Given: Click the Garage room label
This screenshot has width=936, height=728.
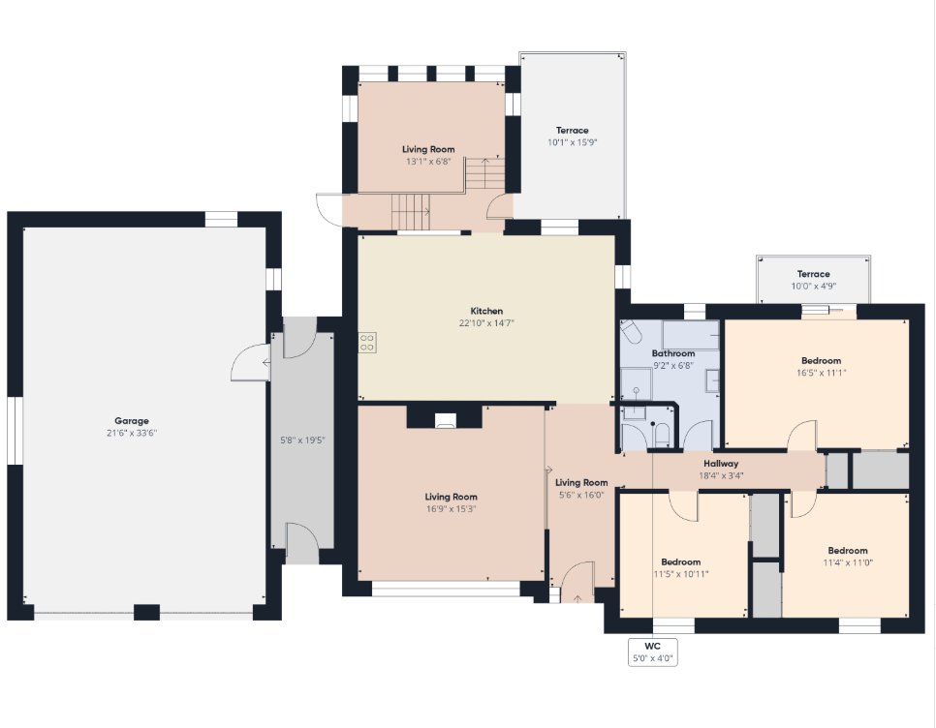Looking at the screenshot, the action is coord(132,421).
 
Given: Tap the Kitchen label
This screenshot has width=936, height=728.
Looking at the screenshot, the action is coord(486,311).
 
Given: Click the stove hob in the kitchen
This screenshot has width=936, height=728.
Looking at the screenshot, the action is coord(367,343).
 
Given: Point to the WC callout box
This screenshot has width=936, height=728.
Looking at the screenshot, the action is coord(652,652).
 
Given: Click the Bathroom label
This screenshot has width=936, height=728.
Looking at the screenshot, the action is coord(672,353).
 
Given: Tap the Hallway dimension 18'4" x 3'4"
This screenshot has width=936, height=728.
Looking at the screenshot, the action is coord(721,475).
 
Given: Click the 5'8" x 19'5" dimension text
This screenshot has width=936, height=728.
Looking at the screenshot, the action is coord(302,440).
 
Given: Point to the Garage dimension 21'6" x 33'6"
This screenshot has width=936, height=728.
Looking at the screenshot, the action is coord(132,433).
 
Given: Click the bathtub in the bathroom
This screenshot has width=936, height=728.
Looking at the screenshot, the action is coord(691,335).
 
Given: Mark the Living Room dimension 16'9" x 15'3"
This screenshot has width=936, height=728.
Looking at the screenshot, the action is coord(451,508).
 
